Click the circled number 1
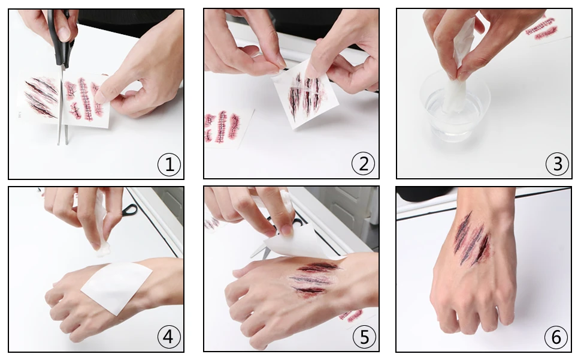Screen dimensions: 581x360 coord(169,164)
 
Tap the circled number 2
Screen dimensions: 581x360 coord(363,164)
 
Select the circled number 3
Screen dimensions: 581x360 coord(557,164)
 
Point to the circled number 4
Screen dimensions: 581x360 coord(168,337)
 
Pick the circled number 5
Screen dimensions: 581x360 coord(364,337)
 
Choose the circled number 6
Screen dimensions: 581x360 coord(556,337)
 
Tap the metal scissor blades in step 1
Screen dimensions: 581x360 coord(62,107)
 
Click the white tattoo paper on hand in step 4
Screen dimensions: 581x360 coord(117,286)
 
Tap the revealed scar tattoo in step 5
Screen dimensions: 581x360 coord(313,279)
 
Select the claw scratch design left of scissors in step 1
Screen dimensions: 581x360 coord(41,97)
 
